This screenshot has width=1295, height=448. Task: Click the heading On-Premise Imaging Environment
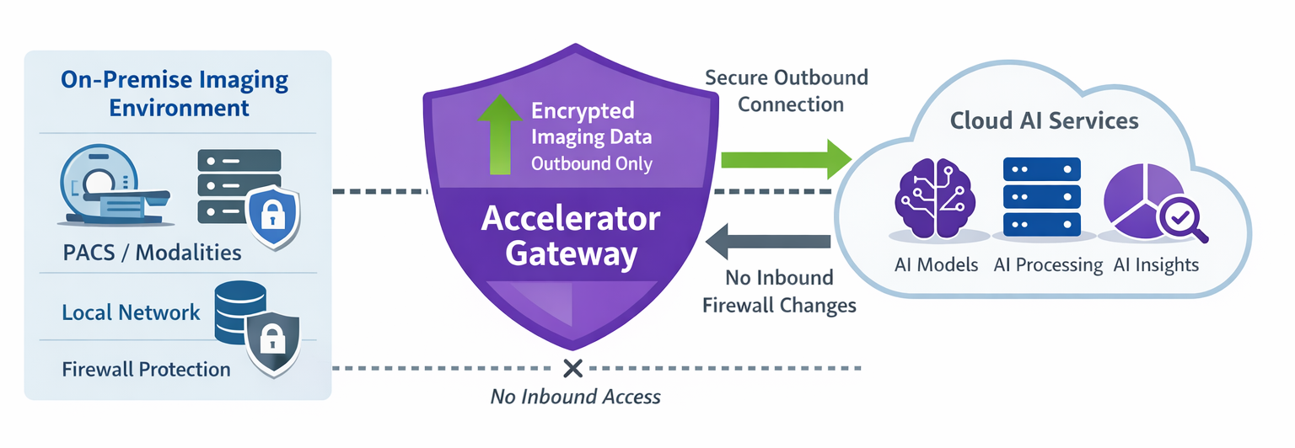point(175,94)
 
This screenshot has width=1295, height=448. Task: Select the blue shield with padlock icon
point(272,217)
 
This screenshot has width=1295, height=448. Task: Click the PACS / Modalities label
point(152,252)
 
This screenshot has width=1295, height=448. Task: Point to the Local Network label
point(131,312)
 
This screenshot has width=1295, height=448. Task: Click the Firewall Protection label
point(146,369)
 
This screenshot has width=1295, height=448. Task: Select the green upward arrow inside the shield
point(500,136)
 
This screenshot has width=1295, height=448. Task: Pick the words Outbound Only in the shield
point(591,163)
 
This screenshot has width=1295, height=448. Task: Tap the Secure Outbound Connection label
point(786,91)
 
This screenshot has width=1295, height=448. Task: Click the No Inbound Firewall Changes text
point(779,291)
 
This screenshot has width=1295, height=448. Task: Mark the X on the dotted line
point(573,368)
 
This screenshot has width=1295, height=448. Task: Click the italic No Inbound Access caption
point(575,396)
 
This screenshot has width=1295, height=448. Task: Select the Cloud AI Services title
point(1044,120)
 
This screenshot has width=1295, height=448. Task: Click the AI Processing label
point(1047,265)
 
